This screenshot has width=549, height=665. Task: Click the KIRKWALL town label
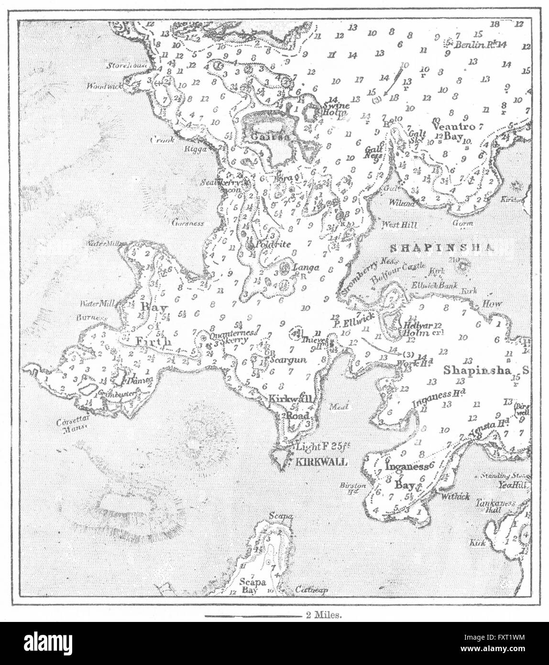(x=320, y=462)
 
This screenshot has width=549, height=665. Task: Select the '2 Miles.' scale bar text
(x=321, y=616)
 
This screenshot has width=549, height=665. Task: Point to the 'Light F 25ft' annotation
(x=324, y=447)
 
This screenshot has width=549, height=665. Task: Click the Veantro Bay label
(x=452, y=131)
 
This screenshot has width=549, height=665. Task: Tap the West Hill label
(x=399, y=224)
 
